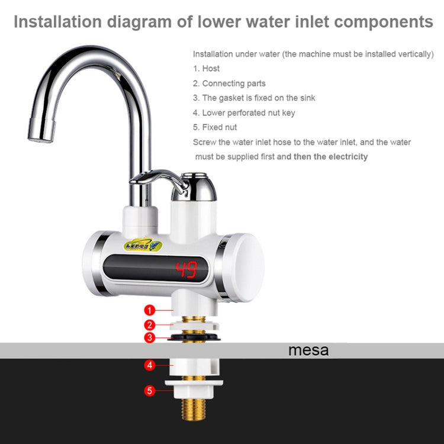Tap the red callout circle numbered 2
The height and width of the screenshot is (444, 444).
[x=150, y=324]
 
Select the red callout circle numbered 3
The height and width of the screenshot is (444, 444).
[x=150, y=338]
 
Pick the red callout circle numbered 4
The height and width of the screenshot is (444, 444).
[x=150, y=366]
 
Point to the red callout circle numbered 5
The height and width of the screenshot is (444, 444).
[x=150, y=390]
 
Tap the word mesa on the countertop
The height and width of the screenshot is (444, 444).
[x=308, y=350]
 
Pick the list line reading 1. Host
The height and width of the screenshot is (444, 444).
[x=207, y=69]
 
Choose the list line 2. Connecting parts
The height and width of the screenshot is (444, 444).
[x=229, y=83]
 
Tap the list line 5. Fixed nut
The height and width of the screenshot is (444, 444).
[x=215, y=127]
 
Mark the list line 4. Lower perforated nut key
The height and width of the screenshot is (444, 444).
[x=244, y=112]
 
